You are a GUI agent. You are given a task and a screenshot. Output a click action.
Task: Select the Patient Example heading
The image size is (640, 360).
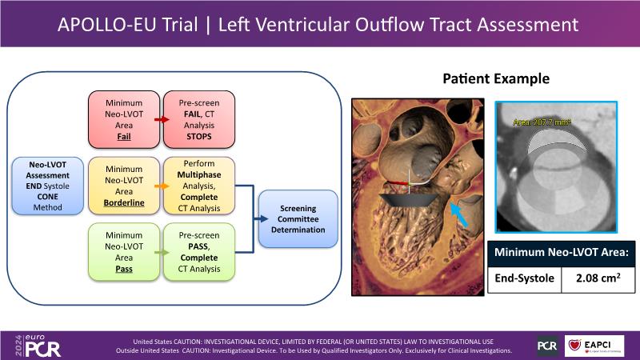[495, 79]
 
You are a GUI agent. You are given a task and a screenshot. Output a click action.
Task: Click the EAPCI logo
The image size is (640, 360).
[594, 345]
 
